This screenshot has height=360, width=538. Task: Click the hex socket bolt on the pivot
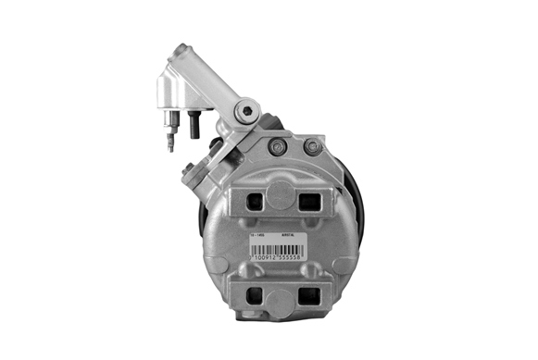click(242, 111)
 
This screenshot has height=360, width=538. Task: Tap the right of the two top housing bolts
click(312, 146)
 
